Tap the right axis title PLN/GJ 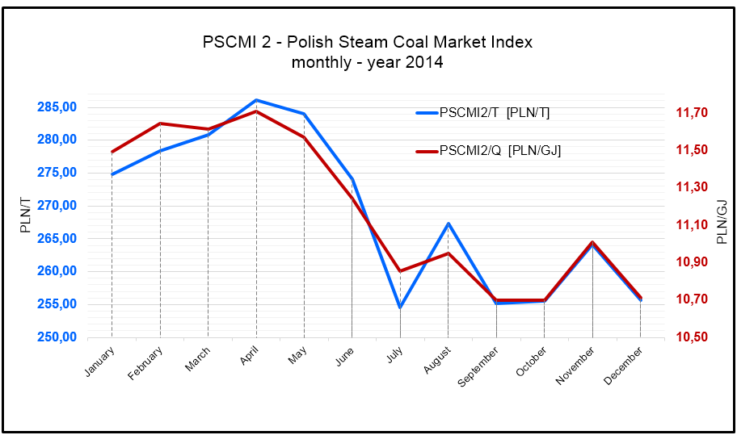point(722,221)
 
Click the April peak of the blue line point(256,100)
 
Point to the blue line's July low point point(400,307)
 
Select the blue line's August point point(448,224)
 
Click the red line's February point point(160,123)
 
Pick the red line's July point point(400,271)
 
